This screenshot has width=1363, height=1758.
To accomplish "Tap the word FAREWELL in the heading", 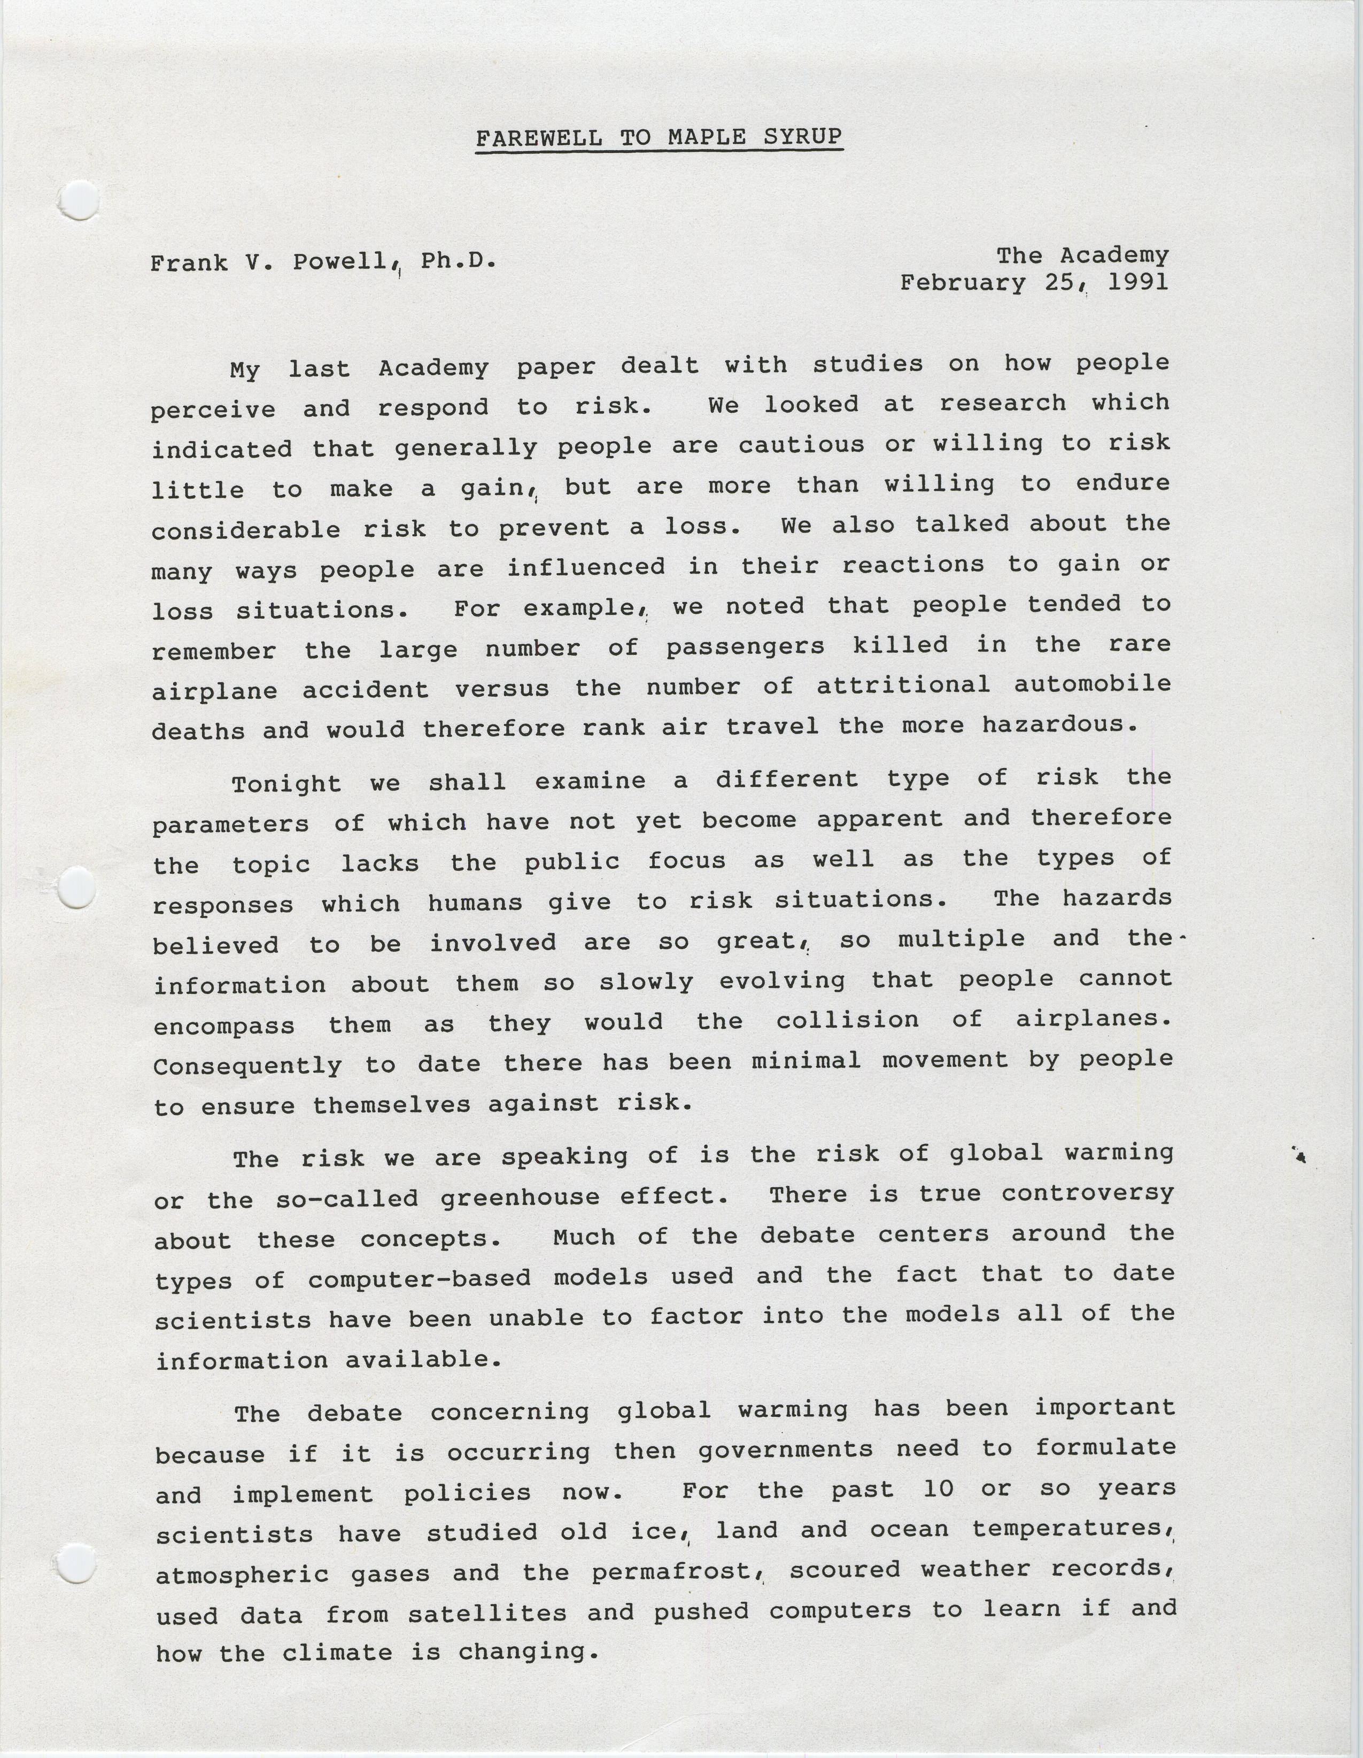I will click(538, 138).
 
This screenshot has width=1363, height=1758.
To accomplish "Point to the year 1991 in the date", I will click(1137, 282).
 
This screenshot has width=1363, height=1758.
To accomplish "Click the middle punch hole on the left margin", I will click(78, 888).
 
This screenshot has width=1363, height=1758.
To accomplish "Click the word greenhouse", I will click(520, 1198).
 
